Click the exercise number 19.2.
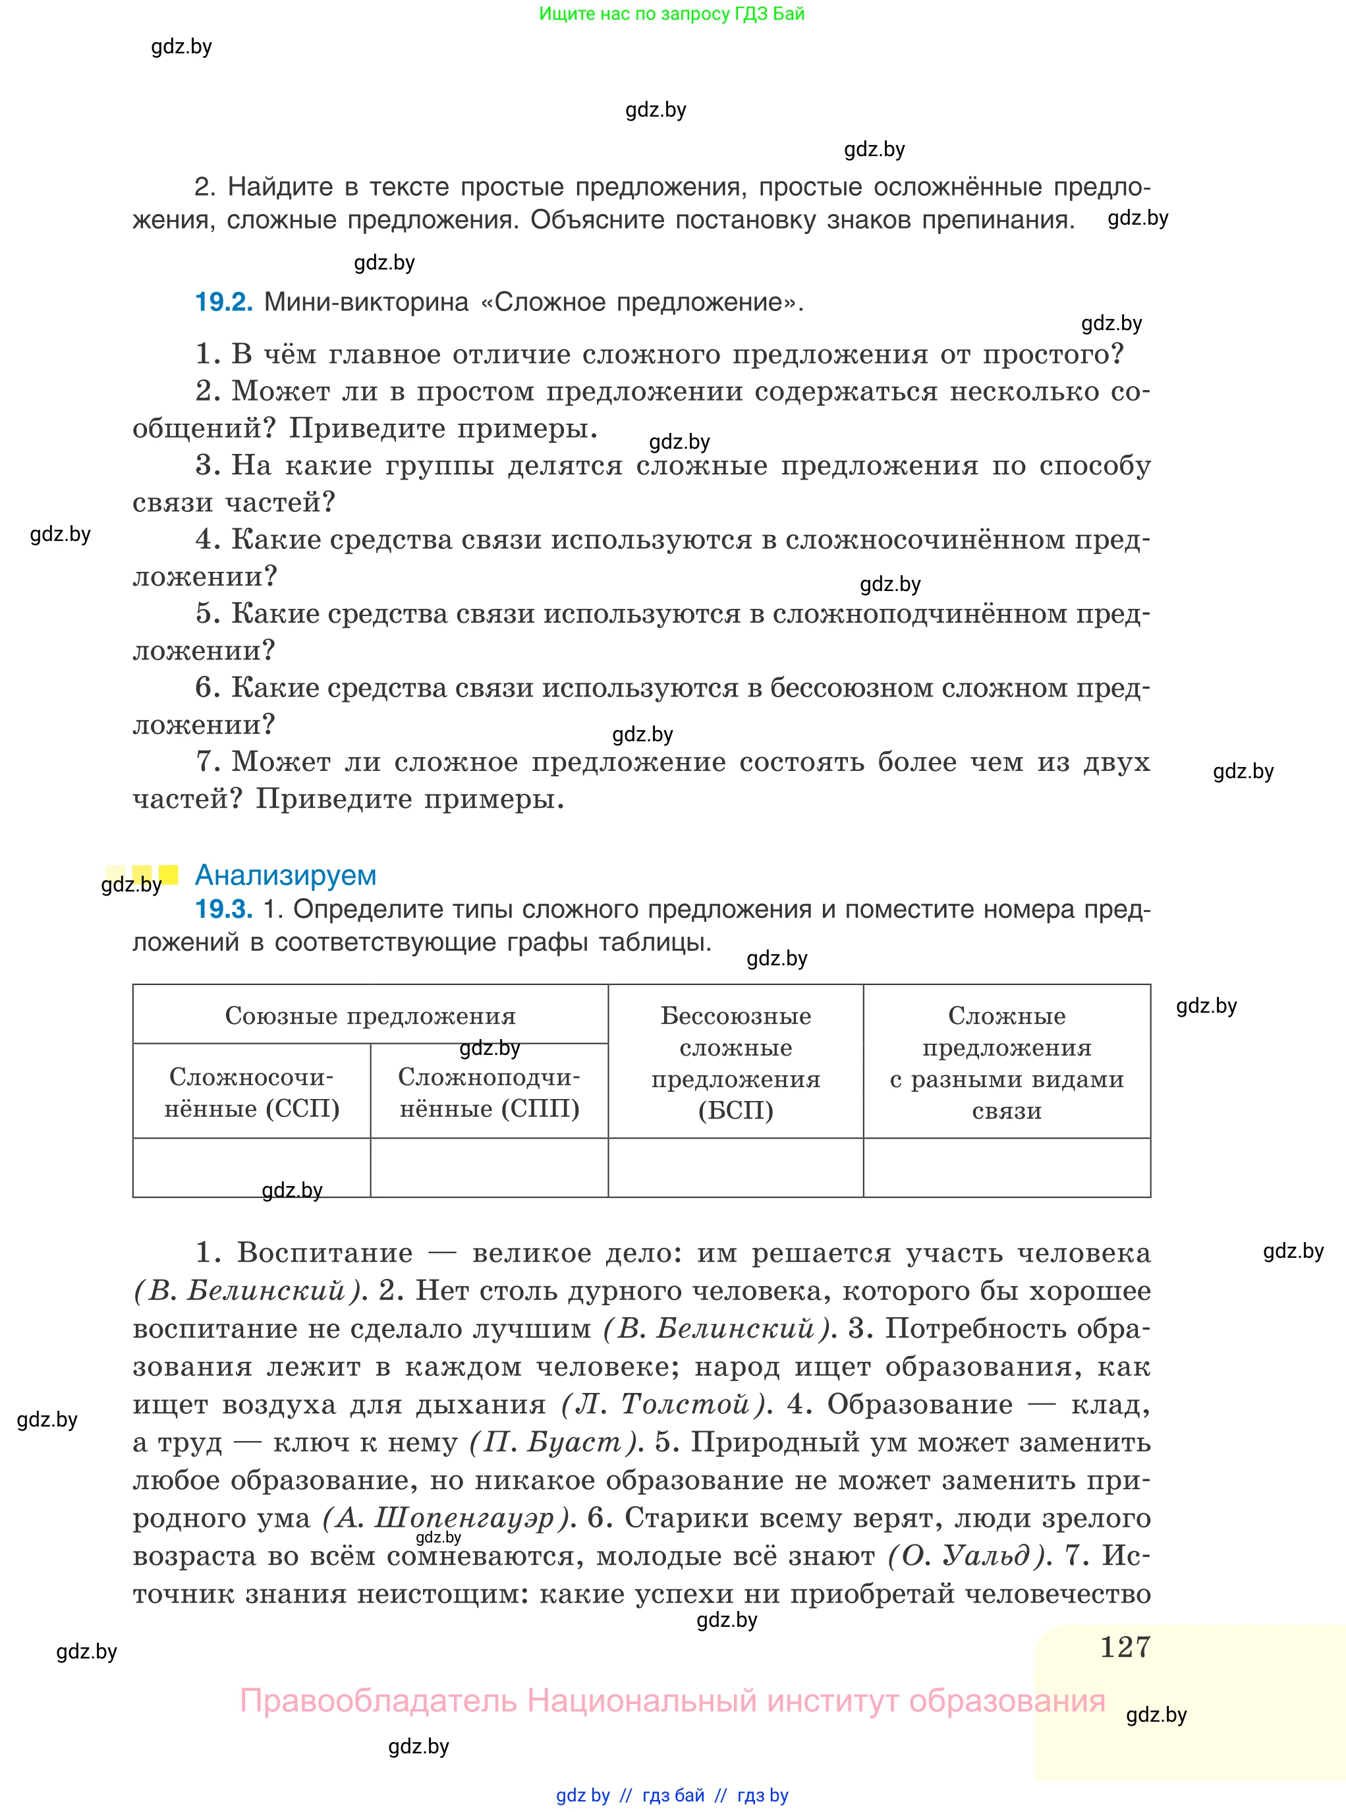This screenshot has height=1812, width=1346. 223,302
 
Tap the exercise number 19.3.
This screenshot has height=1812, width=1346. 223,909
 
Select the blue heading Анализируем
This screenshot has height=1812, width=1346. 285,875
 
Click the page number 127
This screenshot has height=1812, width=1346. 1125,1647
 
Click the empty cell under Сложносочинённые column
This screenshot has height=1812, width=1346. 251,1168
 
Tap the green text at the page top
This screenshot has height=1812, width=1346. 671,14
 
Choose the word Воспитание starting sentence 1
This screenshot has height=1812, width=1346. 324,1253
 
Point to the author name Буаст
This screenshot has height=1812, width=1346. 575,1443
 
